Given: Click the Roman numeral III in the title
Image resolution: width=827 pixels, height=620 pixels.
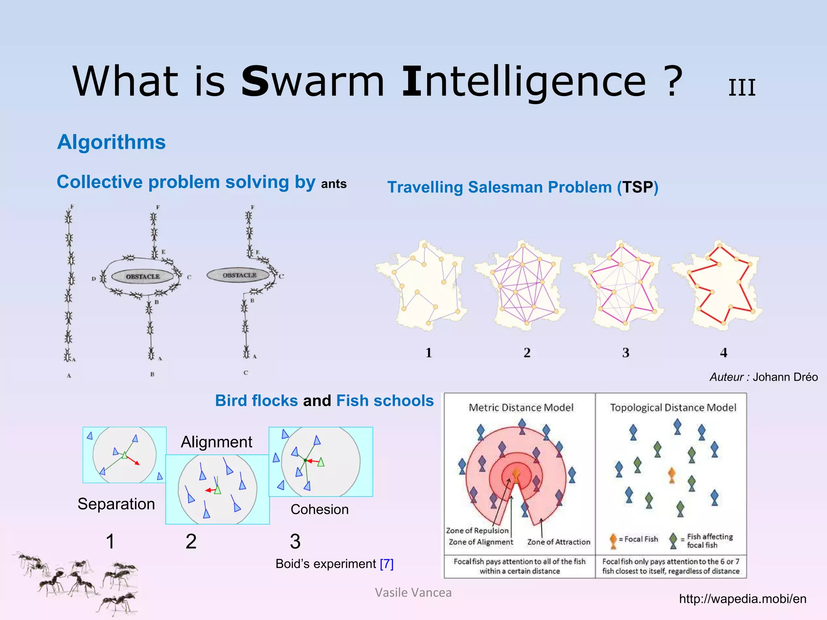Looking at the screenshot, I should [742, 88].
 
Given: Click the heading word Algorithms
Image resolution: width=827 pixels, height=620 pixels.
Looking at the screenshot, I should [111, 142].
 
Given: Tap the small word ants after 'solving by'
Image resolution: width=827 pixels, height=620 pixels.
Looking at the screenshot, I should [334, 184].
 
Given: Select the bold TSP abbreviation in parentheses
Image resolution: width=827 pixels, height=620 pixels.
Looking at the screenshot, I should [637, 187].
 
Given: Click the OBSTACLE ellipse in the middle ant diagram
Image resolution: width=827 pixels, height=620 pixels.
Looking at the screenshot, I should [143, 276].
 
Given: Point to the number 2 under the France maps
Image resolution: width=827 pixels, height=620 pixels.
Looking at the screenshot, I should [527, 353].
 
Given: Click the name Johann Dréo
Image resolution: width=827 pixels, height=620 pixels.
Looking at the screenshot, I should [785, 377].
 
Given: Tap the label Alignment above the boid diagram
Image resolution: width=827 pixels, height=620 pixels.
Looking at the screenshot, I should [216, 442].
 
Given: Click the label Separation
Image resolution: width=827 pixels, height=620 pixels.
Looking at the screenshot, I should [116, 504].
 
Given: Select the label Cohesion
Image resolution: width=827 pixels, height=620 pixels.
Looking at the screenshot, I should [319, 509].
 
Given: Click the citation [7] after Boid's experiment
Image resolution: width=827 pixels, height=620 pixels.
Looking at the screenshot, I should [386, 563].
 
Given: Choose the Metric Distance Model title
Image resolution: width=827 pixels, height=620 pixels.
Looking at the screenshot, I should [521, 408].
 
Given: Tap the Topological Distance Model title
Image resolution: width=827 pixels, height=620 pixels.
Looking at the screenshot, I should [673, 408].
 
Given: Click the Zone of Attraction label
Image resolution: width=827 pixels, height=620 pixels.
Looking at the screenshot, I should [558, 542].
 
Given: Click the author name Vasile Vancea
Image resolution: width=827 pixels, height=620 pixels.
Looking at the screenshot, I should [413, 593].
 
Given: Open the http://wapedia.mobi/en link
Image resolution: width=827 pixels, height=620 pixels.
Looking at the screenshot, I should [742, 599].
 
